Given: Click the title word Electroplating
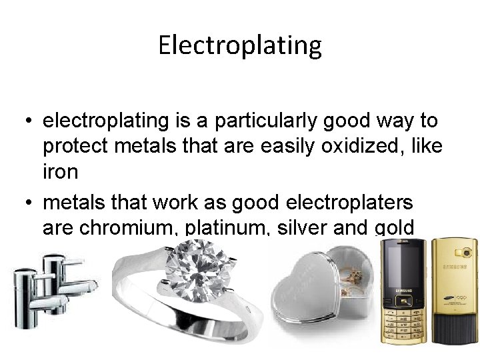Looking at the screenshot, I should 240,45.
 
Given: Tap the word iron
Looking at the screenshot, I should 60,171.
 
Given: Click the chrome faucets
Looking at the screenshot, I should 50,293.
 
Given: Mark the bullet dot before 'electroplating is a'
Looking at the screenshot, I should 24,121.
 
